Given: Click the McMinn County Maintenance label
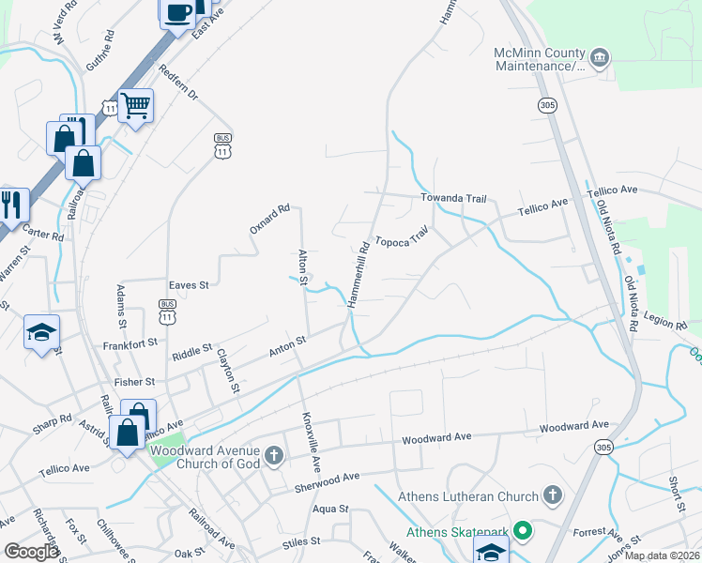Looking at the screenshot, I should pos(540,60).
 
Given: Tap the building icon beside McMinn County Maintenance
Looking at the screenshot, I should pos(600,60).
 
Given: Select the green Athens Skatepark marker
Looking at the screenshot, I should pos(522,532).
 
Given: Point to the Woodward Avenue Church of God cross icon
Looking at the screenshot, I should pos(273,457).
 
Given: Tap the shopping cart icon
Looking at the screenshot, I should pos(136,106).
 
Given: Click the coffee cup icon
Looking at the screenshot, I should pos(177,13).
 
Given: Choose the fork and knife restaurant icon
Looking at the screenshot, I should pos(11,205).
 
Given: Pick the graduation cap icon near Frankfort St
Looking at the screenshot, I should pos(41,332).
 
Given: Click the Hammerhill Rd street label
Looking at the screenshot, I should pos(358,275).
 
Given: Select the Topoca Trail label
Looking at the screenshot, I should pos(403,238).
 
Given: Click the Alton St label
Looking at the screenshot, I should pos(303,266).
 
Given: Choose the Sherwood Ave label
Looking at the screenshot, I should pos(328,478).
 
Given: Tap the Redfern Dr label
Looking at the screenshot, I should pos(178,84).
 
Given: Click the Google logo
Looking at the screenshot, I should pos(31,552).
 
